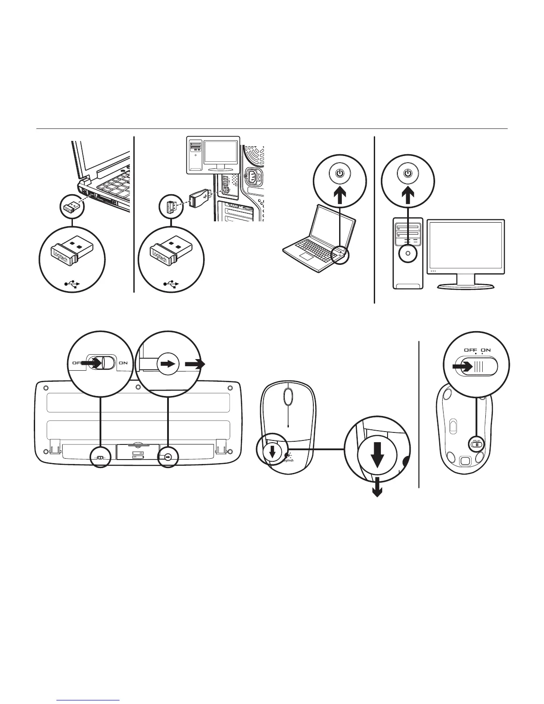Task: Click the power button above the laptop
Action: (340, 173)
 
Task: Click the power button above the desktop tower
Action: (408, 173)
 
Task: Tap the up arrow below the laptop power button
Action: (340, 196)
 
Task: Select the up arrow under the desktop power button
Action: (408, 196)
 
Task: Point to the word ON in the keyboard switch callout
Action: (123, 363)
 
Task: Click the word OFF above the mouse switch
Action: (471, 350)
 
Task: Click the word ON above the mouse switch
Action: (485, 350)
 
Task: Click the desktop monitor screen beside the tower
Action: (466, 246)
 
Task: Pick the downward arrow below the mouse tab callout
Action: (378, 489)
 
